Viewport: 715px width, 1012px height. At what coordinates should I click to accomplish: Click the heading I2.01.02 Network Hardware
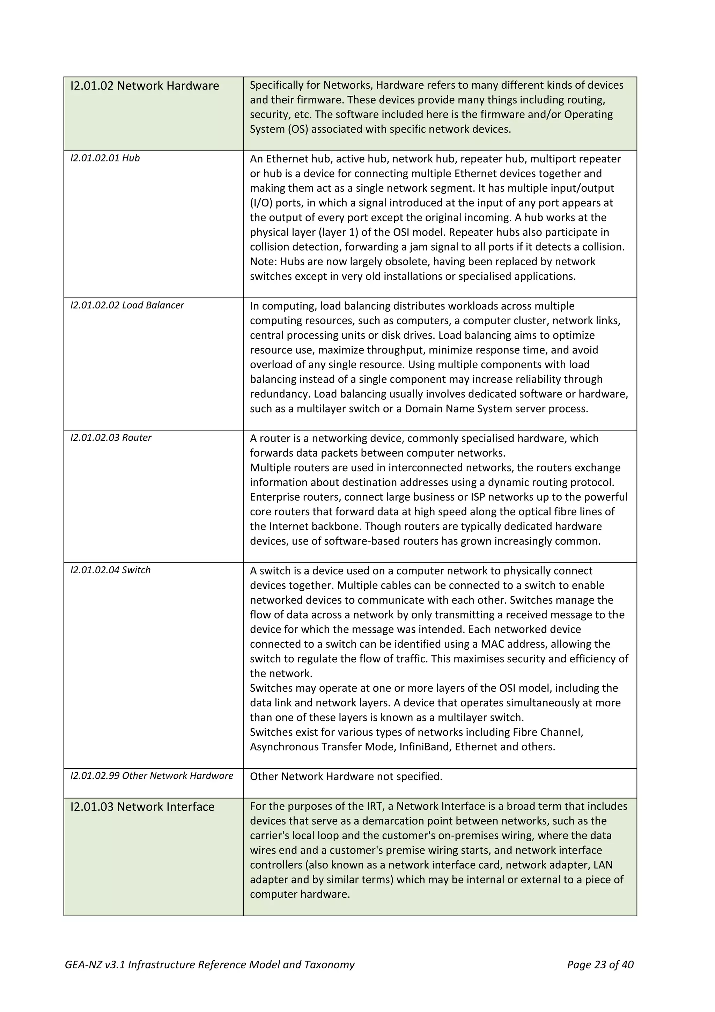pos(145,86)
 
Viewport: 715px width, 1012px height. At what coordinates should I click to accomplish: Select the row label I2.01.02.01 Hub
pos(105,158)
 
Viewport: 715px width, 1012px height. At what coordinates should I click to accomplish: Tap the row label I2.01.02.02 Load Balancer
pos(127,305)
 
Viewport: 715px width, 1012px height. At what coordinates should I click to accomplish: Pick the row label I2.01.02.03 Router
pos(111,438)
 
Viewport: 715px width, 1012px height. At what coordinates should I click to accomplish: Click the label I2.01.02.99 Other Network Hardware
pos(152,776)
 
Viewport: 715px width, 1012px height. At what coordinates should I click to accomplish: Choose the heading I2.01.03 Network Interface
pos(142,807)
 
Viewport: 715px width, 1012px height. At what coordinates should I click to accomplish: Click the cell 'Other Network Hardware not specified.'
pos(346,777)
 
